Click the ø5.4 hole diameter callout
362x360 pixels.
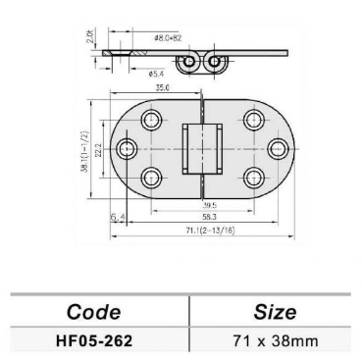(x=155, y=73)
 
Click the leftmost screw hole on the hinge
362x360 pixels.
(x=127, y=149)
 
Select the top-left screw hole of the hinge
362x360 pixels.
(x=152, y=121)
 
